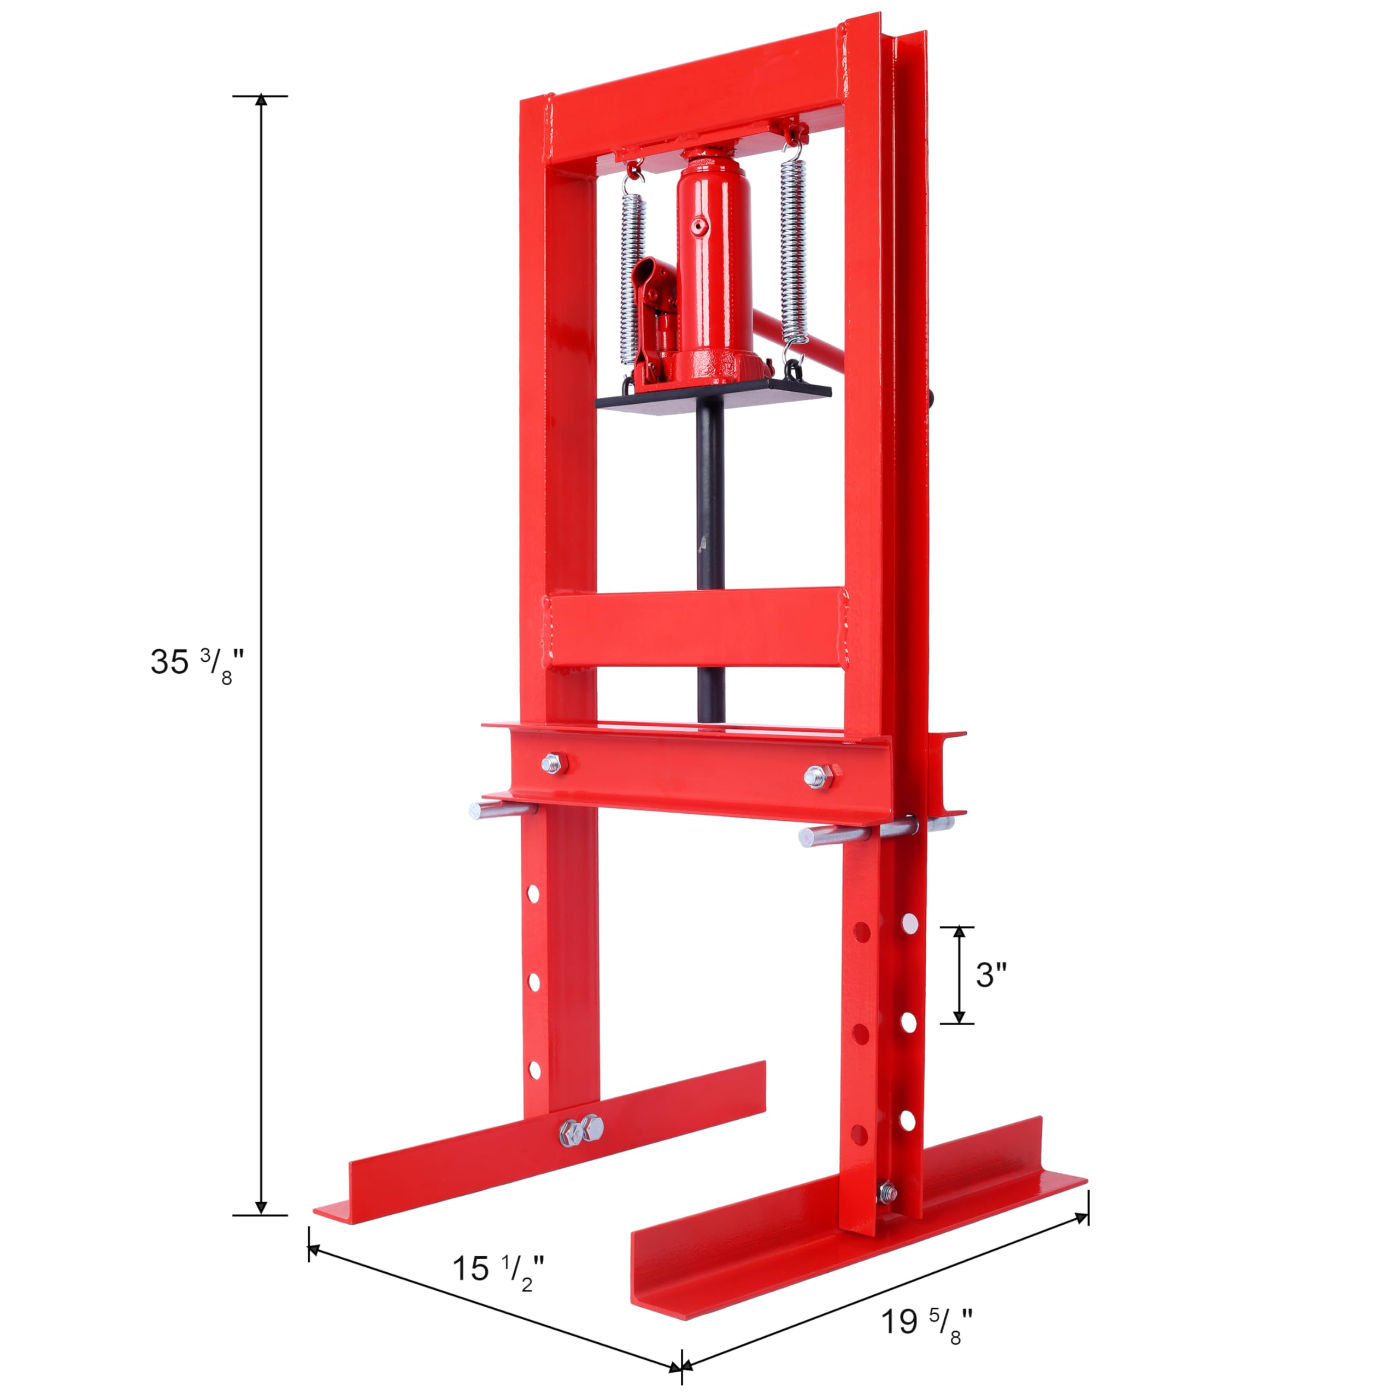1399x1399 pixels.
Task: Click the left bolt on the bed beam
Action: (553, 762)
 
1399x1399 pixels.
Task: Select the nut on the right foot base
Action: (887, 1192)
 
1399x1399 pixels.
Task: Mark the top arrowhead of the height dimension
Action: (261, 100)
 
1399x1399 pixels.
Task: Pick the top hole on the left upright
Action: (534, 894)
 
